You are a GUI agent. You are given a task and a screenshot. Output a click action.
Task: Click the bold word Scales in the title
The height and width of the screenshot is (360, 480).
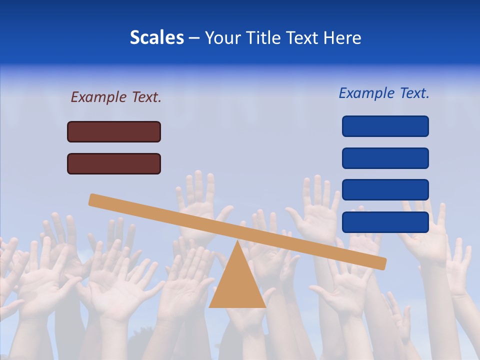tap(156, 37)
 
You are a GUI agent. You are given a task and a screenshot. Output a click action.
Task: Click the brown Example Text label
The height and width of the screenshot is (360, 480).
tap(116, 97)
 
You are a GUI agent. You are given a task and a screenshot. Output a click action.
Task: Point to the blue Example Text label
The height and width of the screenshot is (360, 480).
tap(384, 93)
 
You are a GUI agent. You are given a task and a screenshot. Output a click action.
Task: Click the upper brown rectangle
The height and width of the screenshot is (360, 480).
tap(114, 131)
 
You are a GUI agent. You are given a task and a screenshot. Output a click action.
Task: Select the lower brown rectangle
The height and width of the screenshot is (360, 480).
tap(114, 163)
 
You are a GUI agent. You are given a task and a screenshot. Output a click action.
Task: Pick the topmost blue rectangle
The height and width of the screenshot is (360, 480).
tap(385, 126)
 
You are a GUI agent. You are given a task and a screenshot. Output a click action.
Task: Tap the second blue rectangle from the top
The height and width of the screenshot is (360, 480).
tap(385, 158)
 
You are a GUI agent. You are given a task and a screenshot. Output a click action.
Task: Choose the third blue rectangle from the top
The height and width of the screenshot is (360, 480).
tap(385, 190)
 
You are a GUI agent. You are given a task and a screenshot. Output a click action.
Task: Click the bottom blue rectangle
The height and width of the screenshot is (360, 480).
tap(385, 222)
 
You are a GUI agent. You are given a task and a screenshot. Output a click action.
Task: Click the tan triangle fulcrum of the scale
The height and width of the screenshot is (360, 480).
tap(237, 285)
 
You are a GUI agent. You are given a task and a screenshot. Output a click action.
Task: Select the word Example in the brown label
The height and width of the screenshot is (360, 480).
tap(98, 97)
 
